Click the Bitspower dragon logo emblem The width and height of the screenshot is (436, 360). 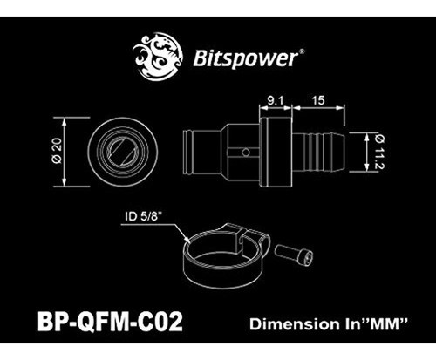click(x=158, y=56)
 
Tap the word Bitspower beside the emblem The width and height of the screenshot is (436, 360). click(x=246, y=58)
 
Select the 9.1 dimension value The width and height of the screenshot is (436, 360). click(x=275, y=100)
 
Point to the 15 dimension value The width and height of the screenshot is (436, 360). click(x=318, y=100)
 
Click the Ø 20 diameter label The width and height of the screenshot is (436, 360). click(x=58, y=151)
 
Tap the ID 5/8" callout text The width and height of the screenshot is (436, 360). click(x=143, y=216)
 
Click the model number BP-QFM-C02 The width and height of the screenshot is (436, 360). click(x=110, y=321)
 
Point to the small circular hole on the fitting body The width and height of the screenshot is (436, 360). click(x=246, y=152)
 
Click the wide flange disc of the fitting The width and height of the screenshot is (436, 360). click(x=276, y=152)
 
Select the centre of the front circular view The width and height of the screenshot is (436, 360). click(x=122, y=152)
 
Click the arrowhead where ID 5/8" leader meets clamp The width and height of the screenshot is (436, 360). click(x=188, y=241)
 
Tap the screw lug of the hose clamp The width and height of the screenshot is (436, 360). click(x=246, y=237)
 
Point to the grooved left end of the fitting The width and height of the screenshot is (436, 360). click(x=188, y=152)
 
